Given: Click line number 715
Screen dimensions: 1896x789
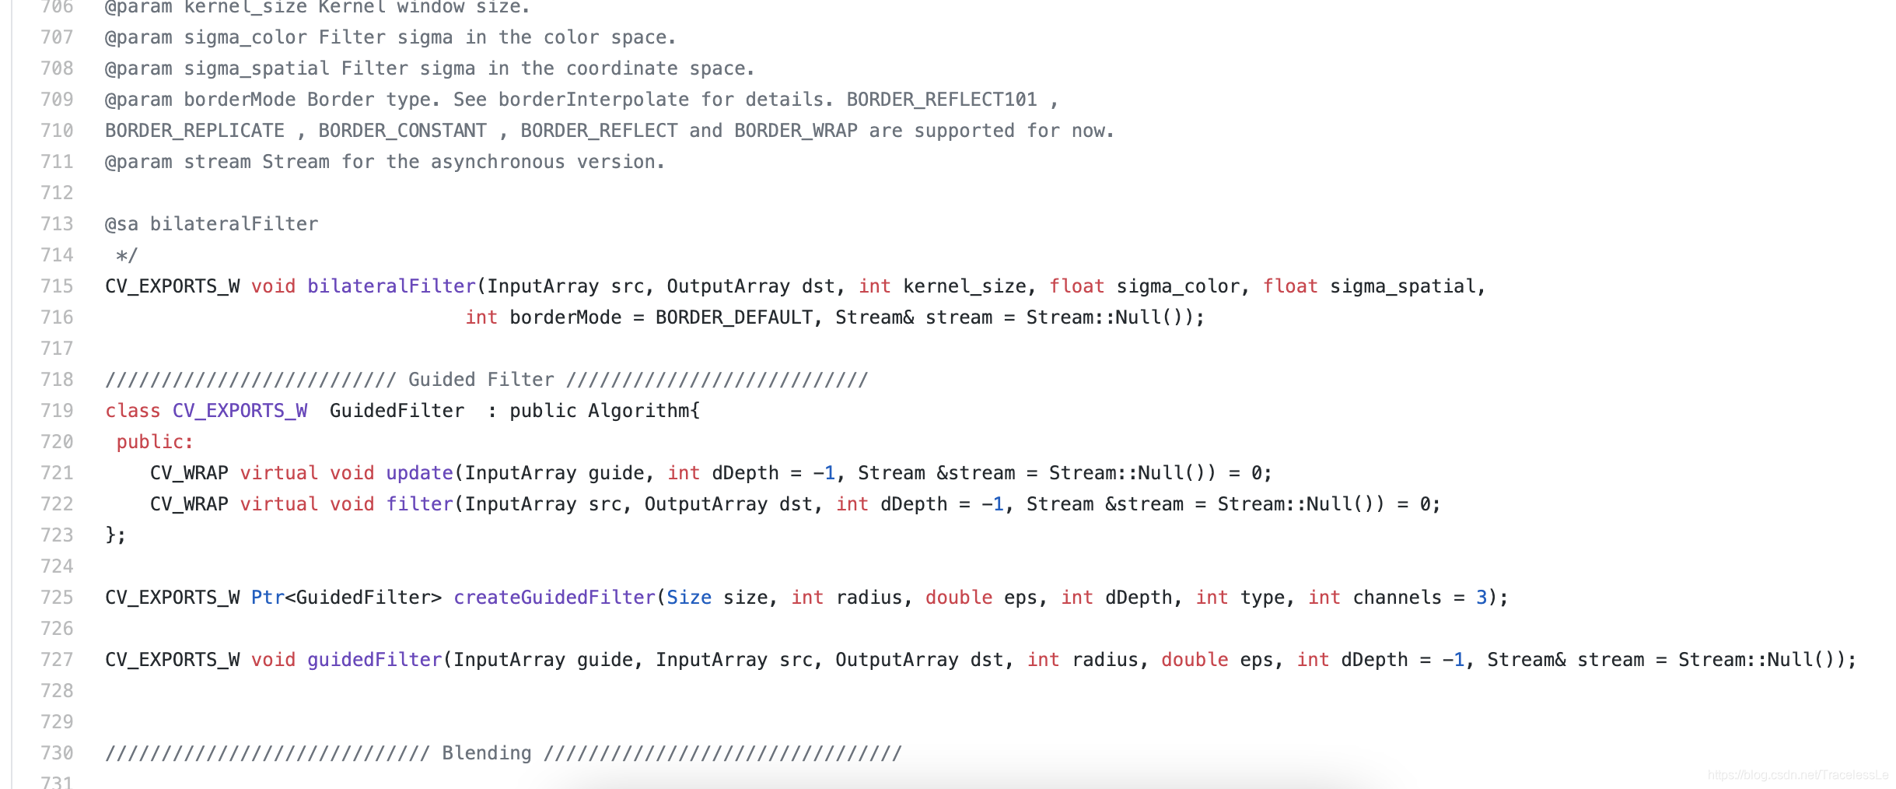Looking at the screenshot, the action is coord(57,286).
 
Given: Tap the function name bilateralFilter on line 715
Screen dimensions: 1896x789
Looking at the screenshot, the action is coord(391,286).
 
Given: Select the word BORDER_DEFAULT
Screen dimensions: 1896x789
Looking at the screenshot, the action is coord(733,317).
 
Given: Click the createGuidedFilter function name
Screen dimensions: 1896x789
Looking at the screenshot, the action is coord(554,598).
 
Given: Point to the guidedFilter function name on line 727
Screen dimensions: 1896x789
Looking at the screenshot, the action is coord(374,660).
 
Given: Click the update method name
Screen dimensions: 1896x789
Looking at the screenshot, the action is coord(419,473).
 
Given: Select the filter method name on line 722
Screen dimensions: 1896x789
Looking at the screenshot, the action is coord(419,504).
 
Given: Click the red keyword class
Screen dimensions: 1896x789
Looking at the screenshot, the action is coord(133,411).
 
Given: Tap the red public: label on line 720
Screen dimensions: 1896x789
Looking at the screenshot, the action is coord(155,442).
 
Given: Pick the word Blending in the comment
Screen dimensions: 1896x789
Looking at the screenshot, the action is coord(487,753).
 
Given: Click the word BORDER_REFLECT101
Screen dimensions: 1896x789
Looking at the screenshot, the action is coord(942,100).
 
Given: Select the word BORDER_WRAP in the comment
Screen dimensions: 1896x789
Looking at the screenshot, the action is coord(796,131).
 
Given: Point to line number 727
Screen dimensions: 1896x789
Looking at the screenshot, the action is coord(57,660).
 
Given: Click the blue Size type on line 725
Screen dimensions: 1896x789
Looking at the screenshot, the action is coord(689,598).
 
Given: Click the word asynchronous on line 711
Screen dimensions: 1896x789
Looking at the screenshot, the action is coord(498,162).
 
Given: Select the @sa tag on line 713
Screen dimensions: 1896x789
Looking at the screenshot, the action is coord(121,224).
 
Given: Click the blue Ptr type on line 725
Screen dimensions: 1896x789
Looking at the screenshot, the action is coord(268,598).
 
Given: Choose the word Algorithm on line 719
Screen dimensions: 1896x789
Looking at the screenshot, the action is coord(638,411).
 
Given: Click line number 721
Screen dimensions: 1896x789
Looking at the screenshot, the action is coord(57,473).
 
